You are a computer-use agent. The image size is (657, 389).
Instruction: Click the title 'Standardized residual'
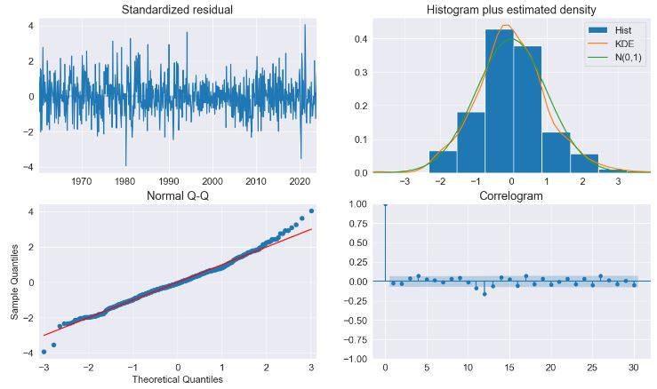pyautogui.click(x=178, y=11)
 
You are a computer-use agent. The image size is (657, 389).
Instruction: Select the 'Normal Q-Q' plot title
pyautogui.click(x=178, y=196)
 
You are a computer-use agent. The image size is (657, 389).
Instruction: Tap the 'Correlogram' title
pyautogui.click(x=512, y=196)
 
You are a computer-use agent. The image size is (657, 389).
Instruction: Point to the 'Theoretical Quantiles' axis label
pyautogui.click(x=178, y=380)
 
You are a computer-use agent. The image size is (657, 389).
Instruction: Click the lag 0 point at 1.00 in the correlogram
pyautogui.click(x=385, y=204)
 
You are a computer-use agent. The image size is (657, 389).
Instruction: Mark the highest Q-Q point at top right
pyautogui.click(x=311, y=211)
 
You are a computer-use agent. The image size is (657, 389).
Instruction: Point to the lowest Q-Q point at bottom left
pyautogui.click(x=44, y=352)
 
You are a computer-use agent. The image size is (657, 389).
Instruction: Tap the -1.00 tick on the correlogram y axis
pyautogui.click(x=356, y=359)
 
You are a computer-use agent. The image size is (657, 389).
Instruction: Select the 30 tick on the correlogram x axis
pyautogui.click(x=634, y=368)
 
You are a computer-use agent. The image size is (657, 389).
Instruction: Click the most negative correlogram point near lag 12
pyautogui.click(x=485, y=293)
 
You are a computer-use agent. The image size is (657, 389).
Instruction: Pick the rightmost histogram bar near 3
pyautogui.click(x=612, y=171)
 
